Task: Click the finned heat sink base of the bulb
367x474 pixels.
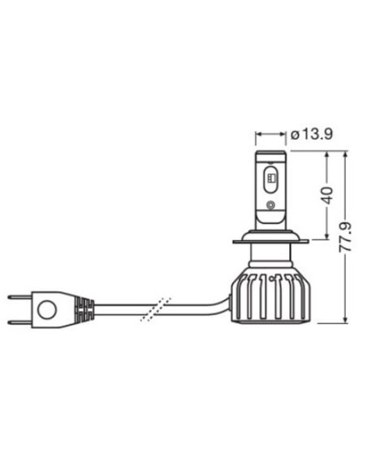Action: click(x=269, y=297)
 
